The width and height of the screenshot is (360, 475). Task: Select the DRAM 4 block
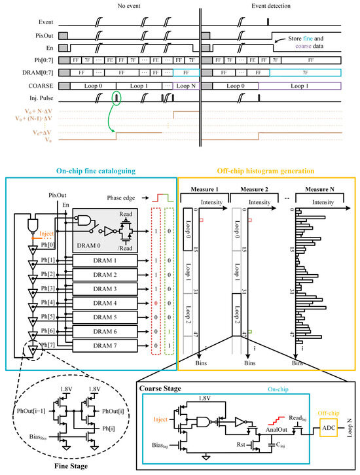pos(104,303)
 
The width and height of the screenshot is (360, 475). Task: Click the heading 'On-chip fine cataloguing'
pos(90,171)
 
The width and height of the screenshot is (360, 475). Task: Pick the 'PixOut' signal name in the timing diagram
pos(41,34)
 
